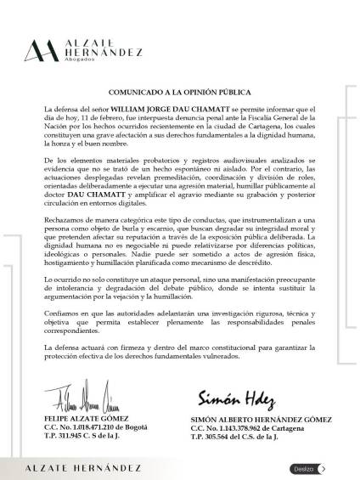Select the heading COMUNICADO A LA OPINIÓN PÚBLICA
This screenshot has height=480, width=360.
(179, 91)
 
